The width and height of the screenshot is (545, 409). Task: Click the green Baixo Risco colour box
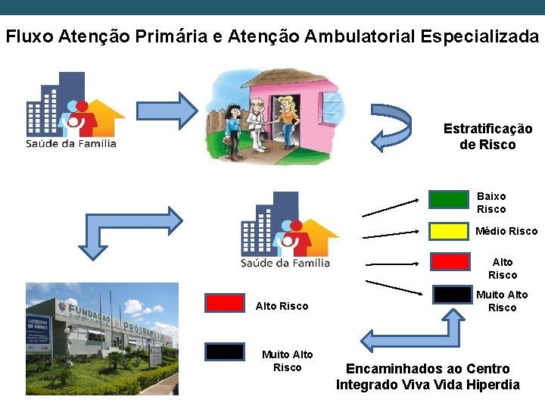point(449,199)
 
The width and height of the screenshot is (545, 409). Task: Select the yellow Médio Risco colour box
point(449,230)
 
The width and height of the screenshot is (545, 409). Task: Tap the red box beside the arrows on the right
point(449,261)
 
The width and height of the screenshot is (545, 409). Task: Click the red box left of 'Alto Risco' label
point(225,303)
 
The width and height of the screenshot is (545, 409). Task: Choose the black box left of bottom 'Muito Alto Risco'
point(225,351)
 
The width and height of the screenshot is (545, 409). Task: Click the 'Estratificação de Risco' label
point(487,136)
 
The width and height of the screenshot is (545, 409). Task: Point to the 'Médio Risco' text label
point(506,231)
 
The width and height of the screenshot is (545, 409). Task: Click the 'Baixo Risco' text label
point(491,202)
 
